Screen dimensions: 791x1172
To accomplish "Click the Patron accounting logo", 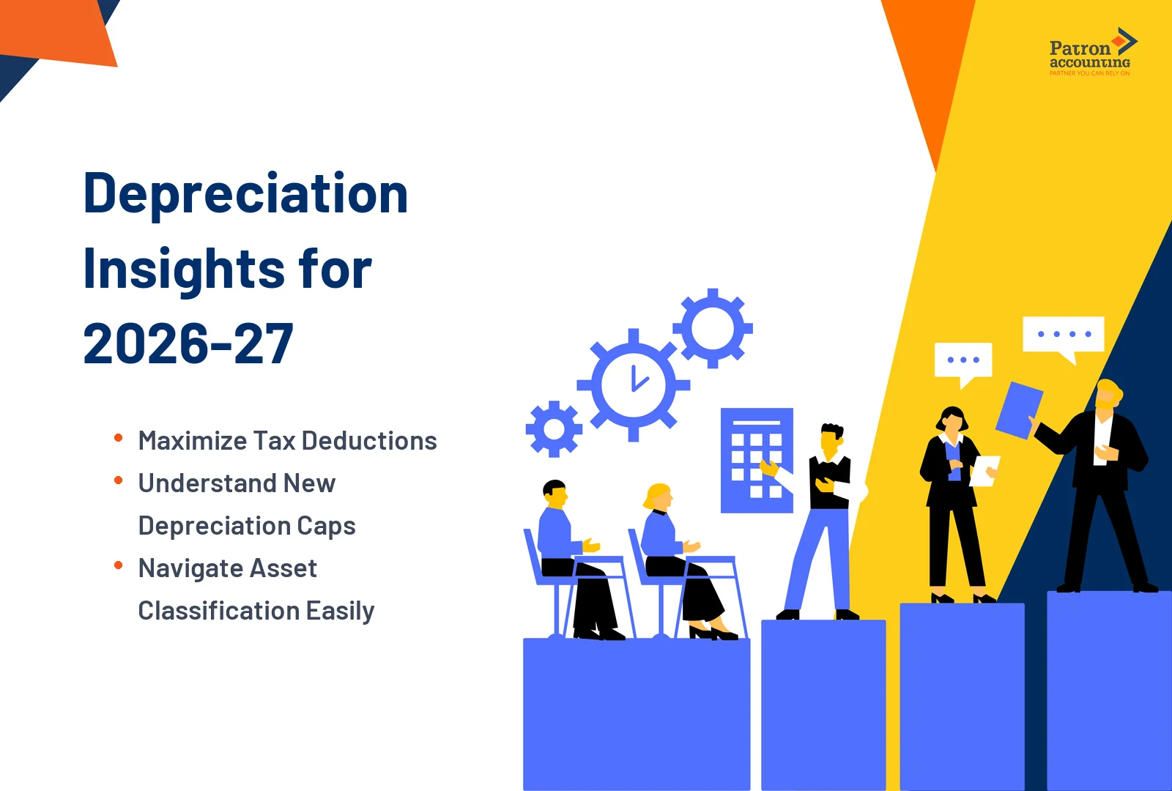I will [1091, 53].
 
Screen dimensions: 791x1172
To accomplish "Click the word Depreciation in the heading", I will [245, 194].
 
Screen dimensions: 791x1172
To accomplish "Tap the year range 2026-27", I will [188, 344].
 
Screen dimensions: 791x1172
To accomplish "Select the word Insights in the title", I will [179, 269].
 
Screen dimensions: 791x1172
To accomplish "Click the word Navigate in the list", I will [187, 568].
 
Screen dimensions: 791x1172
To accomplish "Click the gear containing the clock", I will [634, 385].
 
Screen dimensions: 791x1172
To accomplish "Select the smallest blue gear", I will [555, 429].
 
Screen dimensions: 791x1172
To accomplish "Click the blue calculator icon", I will [756, 460].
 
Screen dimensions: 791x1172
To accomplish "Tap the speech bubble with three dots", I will [963, 360].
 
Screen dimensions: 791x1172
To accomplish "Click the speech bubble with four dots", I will [1064, 335].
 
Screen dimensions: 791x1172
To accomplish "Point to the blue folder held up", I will [1019, 410].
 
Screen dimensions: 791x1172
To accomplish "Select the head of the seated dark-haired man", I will [555, 494].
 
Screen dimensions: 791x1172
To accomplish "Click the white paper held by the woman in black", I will [983, 470].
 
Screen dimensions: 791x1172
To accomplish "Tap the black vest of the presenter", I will [829, 482].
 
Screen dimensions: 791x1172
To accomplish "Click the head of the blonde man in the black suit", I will [1107, 395].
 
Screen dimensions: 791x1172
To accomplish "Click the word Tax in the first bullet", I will [274, 441].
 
